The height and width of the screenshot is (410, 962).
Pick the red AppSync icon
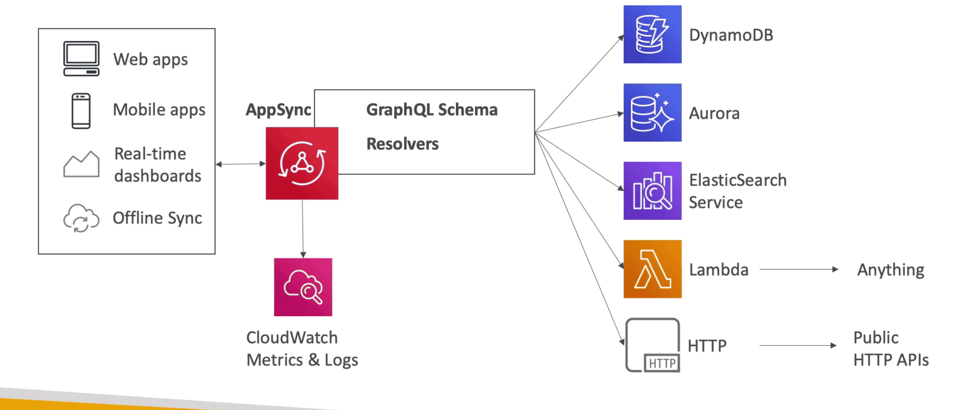click(x=302, y=163)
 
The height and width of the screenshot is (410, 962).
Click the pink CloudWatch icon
click(x=303, y=287)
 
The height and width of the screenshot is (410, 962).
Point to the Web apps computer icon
click(x=81, y=59)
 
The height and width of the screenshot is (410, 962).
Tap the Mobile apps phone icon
click(x=81, y=111)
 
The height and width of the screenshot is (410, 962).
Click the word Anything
click(x=890, y=270)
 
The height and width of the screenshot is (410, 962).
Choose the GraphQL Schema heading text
click(x=432, y=110)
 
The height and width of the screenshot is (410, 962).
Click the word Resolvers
click(x=402, y=144)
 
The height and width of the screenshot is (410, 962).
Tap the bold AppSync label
click(x=278, y=110)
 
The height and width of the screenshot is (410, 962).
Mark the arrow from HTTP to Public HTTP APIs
click(x=798, y=345)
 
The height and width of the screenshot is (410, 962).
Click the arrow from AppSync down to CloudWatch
click(x=303, y=228)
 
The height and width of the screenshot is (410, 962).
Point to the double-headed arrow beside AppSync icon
click(x=240, y=164)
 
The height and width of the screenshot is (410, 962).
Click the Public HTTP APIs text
click(x=891, y=349)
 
